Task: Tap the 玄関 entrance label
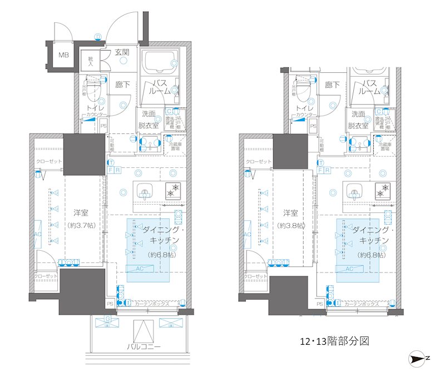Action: (122, 53)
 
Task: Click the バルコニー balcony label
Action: (144, 346)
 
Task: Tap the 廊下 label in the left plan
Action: (122, 85)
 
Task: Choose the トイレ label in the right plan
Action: (303, 108)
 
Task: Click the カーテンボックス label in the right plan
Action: (362, 304)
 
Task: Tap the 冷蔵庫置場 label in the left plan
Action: (177, 146)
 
